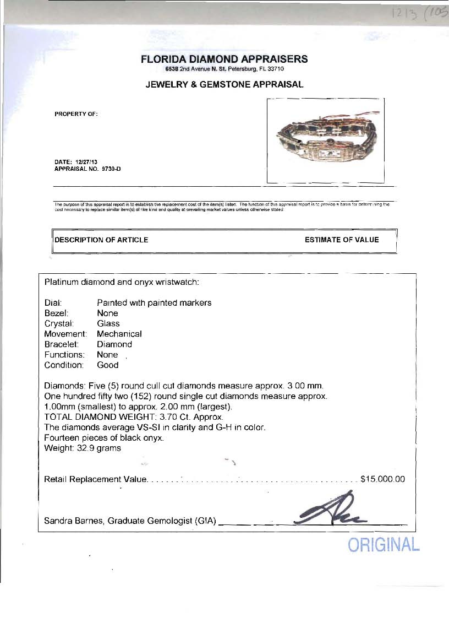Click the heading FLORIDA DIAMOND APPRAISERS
pyautogui.click(x=224, y=59)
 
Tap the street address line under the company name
pyautogui.click(x=224, y=69)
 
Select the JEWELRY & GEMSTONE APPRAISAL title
pyautogui.click(x=224, y=84)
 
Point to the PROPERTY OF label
pyautogui.click(x=76, y=114)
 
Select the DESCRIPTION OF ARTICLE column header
pyautogui.click(x=101, y=240)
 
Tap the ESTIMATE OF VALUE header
pyautogui.click(x=342, y=240)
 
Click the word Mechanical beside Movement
pyautogui.click(x=119, y=334)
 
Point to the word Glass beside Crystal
pyautogui.click(x=108, y=323)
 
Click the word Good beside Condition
pyautogui.click(x=108, y=365)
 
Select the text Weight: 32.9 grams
pyautogui.click(x=83, y=448)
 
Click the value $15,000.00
pyautogui.click(x=382, y=479)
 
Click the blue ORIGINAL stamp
pyautogui.click(x=384, y=545)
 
